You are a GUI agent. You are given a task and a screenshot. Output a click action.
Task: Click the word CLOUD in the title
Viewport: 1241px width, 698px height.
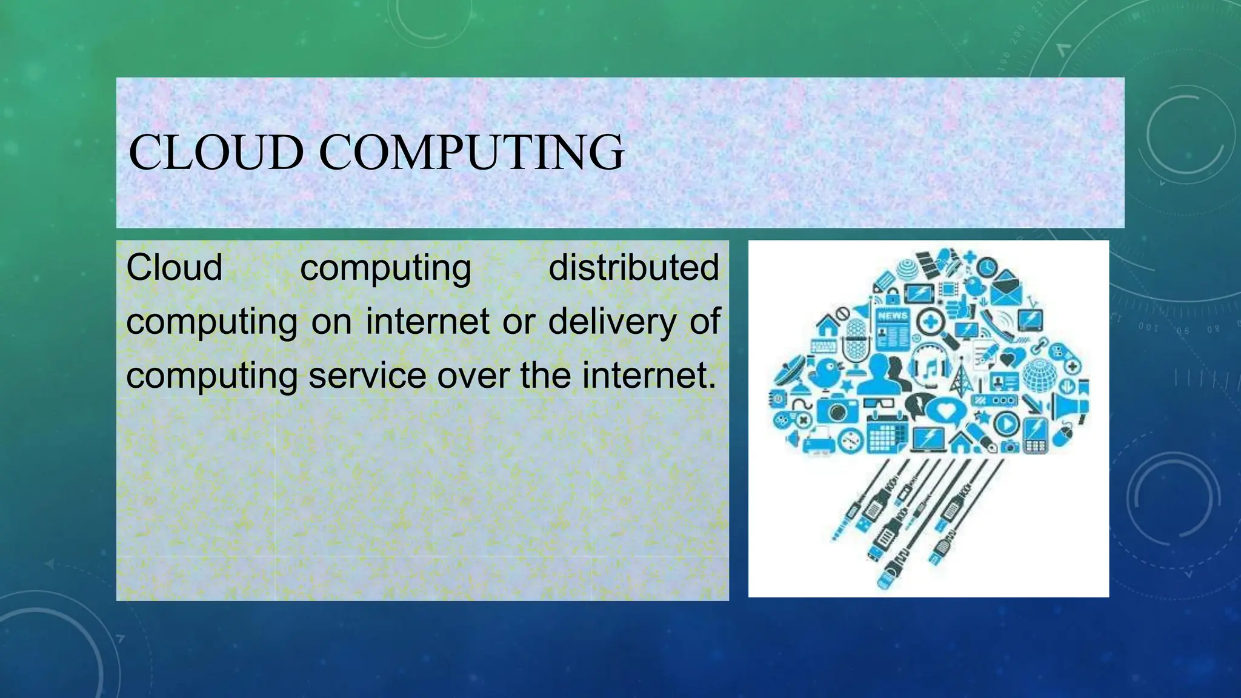point(216,152)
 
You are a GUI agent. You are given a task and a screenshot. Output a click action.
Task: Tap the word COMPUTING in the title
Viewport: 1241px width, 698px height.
point(471,152)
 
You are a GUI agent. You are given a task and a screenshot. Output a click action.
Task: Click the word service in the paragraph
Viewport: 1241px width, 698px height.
point(367,375)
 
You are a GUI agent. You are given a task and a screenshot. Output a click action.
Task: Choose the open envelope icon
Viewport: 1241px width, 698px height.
point(1006,291)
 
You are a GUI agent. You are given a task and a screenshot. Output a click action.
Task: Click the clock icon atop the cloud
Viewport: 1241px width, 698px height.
point(987,266)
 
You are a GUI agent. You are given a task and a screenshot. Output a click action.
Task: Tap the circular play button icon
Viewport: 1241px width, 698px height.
point(1006,422)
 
